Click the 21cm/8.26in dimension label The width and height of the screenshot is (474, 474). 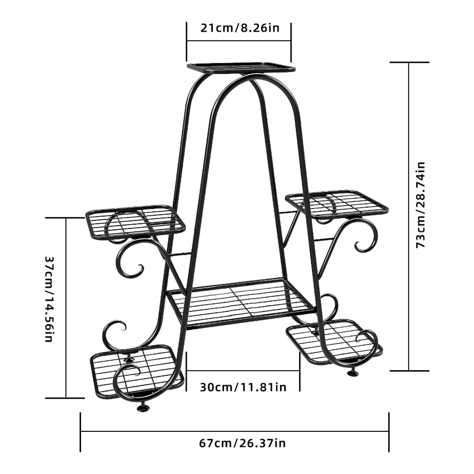(x=240, y=28)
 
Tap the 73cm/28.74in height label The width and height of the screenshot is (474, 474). (x=420, y=205)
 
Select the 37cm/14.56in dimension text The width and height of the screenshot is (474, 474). (x=50, y=299)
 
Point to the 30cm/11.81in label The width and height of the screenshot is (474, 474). (x=243, y=387)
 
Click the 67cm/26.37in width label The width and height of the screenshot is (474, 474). (x=242, y=443)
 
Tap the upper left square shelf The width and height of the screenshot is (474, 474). (x=135, y=220)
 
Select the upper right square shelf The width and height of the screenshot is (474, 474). (x=337, y=204)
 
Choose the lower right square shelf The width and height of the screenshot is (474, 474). (x=334, y=341)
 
